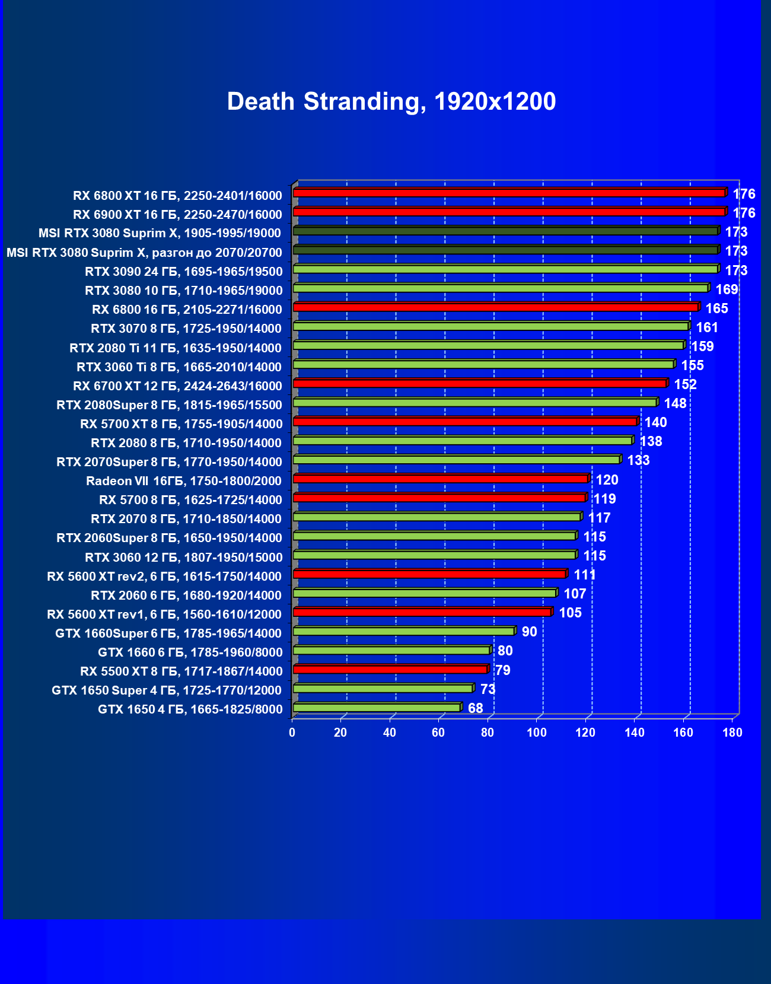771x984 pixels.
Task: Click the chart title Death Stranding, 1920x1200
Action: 391,101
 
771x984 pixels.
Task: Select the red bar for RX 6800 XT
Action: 509,193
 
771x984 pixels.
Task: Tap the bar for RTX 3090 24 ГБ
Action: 505,269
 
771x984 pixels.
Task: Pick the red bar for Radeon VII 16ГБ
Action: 440,479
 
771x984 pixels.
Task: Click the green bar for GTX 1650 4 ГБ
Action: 377,708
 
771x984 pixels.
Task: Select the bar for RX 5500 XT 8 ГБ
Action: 390,670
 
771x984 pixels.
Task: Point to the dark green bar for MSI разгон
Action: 505,250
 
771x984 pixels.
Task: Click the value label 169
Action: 727,289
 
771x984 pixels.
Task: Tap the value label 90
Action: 529,632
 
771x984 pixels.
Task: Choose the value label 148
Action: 675,403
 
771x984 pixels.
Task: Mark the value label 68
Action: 475,708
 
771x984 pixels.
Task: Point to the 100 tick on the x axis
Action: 537,733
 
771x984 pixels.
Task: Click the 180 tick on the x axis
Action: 732,733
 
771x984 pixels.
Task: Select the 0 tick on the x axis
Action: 292,733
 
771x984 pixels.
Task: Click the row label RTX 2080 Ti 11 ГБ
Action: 176,348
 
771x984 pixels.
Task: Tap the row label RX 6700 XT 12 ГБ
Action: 177,386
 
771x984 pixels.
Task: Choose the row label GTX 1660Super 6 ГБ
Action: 168,633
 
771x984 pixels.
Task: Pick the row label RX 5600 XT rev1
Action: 164,614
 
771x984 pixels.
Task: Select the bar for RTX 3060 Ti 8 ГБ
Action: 483,364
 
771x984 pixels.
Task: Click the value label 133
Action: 638,460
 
